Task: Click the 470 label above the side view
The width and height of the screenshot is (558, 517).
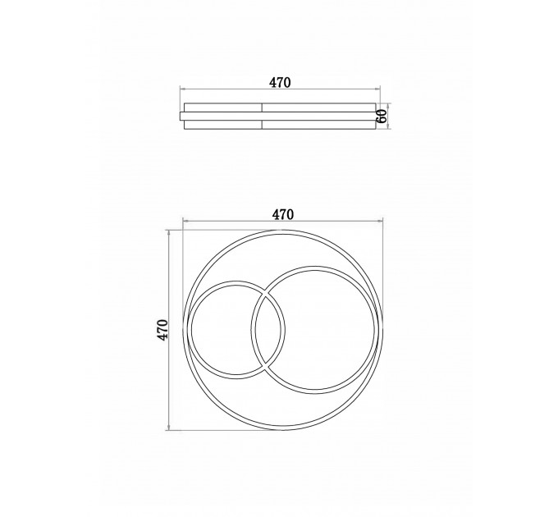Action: (x=280, y=83)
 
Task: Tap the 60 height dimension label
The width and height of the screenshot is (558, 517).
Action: (x=381, y=117)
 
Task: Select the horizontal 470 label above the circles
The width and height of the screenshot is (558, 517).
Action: (x=283, y=214)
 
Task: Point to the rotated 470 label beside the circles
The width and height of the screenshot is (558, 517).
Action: (x=162, y=330)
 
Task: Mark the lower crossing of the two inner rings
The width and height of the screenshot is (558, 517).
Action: (x=265, y=364)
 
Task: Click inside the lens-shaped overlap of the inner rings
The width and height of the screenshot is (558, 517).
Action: (x=268, y=330)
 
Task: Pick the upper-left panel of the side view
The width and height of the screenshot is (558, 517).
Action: (x=223, y=108)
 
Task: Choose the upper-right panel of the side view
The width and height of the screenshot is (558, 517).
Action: (x=319, y=108)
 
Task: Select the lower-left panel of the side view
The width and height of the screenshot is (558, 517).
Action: (x=223, y=125)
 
